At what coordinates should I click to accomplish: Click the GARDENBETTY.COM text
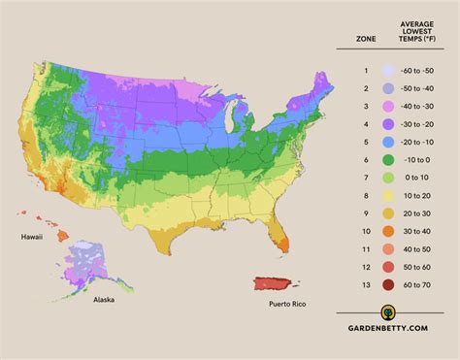[399, 327]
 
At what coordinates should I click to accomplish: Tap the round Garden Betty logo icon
[389, 312]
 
